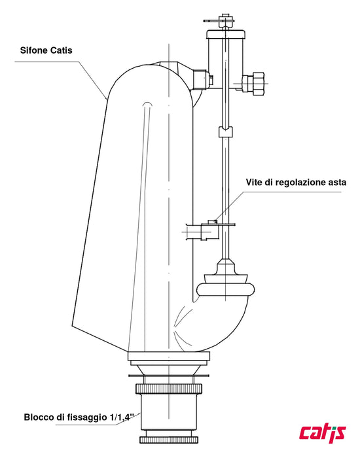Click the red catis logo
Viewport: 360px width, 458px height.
[x=322, y=432]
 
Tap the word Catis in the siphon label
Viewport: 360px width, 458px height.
[x=62, y=50]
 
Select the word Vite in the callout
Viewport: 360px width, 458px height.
[x=254, y=183]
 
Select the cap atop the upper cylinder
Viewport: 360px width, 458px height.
[x=225, y=35]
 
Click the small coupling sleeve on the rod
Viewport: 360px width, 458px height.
[x=225, y=132]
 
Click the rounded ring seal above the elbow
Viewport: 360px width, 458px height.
[x=225, y=289]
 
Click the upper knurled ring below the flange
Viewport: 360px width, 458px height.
[x=169, y=389]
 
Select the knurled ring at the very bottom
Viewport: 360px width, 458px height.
[x=169, y=440]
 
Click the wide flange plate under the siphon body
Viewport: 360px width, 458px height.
[x=169, y=357]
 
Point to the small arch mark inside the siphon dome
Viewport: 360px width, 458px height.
[x=147, y=104]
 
